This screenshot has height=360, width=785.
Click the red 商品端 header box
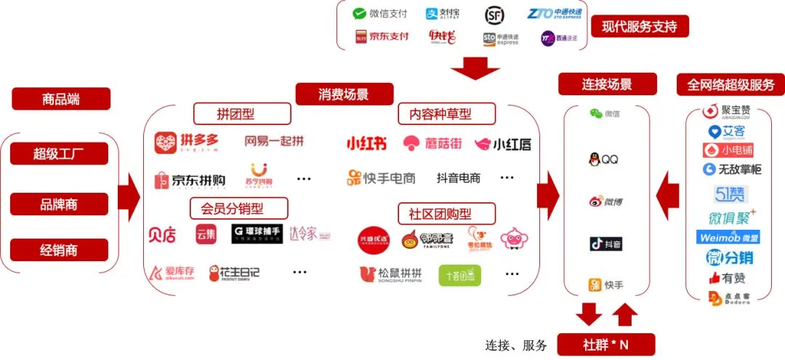pos(61,99)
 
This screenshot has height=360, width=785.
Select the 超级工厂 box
pos(60,153)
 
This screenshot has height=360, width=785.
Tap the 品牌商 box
pos(60,204)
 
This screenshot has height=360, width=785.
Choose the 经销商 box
pos(60,251)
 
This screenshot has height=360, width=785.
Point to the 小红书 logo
pos(366,144)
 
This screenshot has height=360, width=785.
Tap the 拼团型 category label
pos(241,113)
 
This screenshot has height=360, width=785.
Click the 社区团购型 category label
pos(446,214)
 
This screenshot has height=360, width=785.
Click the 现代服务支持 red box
pos(640,27)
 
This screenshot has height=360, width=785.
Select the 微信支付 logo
pos(380,14)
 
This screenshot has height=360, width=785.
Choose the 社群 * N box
pos(605,344)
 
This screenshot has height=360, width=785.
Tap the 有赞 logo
pos(728,277)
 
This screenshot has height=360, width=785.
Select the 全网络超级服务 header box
pos(730,84)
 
